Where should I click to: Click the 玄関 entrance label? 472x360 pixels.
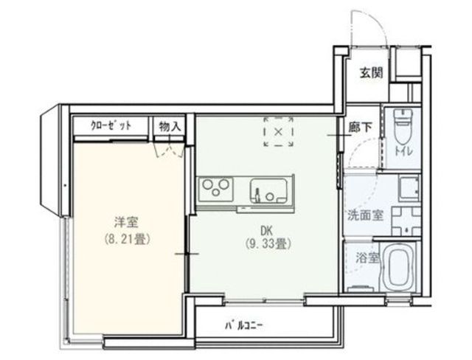pos(372,72)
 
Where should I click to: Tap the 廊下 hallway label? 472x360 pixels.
pos(360,128)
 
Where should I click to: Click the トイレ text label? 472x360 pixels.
pos(403,151)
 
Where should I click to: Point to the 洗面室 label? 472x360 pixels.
pos(366,215)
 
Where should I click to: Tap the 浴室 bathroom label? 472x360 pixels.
pos(367,258)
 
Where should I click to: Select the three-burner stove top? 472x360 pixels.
pos(215,190)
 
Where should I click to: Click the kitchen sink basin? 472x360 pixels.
pos(268,190)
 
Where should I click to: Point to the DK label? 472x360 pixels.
pos(266,231)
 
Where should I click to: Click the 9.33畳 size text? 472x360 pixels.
pos(268,244)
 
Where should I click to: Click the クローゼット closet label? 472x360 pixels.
pos(111,125)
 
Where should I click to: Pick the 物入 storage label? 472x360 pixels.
pos(170,126)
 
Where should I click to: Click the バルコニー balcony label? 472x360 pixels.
pos(244,325)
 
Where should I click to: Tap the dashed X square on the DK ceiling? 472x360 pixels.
pos(279,131)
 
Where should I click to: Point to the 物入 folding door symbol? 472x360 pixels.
pos(169,149)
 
